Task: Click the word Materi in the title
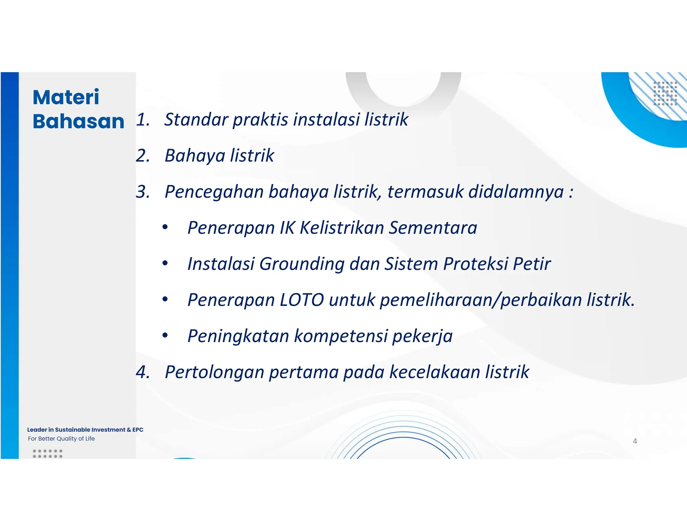point(66,97)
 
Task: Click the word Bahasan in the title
point(78,121)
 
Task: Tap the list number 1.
point(143,119)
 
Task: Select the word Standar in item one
point(196,119)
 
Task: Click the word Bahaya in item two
point(195,156)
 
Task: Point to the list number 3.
point(143,192)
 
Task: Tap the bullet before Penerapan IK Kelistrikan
point(165,227)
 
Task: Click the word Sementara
point(433,228)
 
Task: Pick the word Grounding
point(302,264)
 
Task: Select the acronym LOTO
point(302,300)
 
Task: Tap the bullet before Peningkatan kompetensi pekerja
point(165,335)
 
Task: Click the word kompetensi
point(340,336)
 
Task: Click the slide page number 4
point(635,441)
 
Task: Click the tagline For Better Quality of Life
point(61,438)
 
